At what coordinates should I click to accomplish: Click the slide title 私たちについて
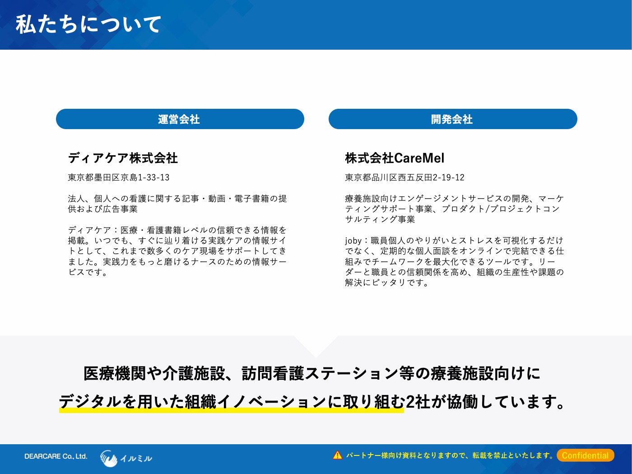tap(88, 24)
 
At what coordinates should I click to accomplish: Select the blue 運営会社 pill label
tap(180, 119)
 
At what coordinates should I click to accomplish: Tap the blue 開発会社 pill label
tap(453, 119)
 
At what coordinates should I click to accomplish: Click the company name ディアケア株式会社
tap(123, 158)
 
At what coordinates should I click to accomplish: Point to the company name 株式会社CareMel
tap(395, 158)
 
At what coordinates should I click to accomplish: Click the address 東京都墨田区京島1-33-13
tap(119, 177)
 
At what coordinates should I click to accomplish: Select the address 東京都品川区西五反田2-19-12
tap(404, 177)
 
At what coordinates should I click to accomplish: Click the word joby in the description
tap(353, 240)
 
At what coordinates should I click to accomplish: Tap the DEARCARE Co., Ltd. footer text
tap(56, 456)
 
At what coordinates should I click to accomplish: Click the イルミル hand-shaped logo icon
tap(109, 458)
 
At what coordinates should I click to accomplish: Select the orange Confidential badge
tap(586, 455)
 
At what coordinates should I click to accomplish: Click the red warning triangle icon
tap(338, 455)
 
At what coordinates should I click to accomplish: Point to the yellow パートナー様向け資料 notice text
tap(449, 455)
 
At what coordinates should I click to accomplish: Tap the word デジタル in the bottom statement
tap(90, 401)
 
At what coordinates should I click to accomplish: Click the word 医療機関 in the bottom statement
tap(115, 373)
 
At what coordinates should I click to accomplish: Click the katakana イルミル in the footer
tap(136, 458)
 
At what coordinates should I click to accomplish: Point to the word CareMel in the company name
tap(419, 158)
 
